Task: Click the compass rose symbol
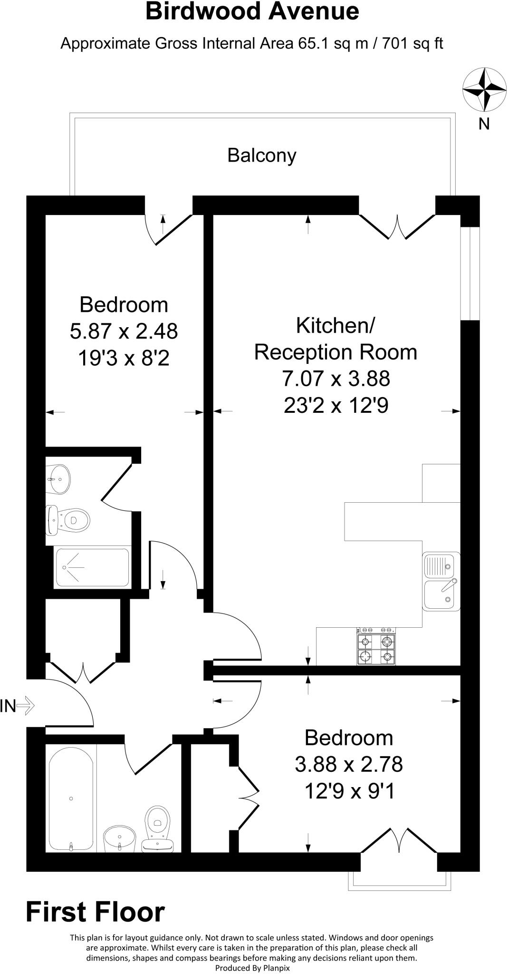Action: coord(484,89)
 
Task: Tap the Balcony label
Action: coord(261,156)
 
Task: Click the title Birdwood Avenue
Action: coord(252,11)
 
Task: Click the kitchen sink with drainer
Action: coord(441,581)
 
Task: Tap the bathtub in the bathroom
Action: coord(71,798)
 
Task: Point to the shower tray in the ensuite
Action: coord(92,567)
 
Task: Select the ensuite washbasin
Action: coord(58,479)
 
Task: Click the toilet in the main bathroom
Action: coord(158,827)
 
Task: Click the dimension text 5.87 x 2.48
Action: coord(124,331)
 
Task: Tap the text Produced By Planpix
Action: coord(252,967)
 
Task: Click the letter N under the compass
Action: coord(484,124)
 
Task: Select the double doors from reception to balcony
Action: coord(397,226)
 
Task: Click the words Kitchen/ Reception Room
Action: coord(335,339)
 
